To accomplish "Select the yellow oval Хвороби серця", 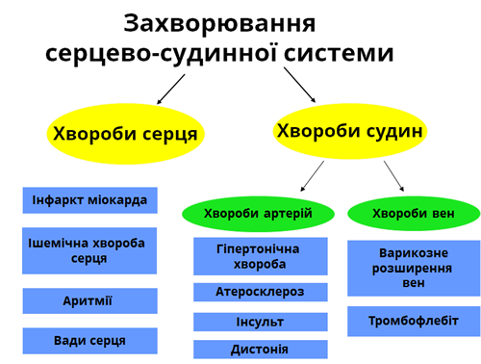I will click(125, 134).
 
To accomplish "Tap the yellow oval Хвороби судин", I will click(348, 130).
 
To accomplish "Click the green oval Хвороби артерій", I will click(259, 212).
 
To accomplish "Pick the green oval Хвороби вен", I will click(413, 212).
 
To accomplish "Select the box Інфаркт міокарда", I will click(89, 200).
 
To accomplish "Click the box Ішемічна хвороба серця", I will click(89, 250).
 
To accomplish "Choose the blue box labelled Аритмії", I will click(89, 300).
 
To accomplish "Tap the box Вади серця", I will click(89, 340).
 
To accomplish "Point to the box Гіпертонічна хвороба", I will click(259, 255).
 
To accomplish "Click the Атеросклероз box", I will click(259, 292).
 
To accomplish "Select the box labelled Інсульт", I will click(259, 322).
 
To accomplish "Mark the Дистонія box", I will click(259, 349).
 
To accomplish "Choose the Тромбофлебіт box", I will click(413, 321).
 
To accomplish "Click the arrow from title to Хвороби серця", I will click(170, 89).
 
